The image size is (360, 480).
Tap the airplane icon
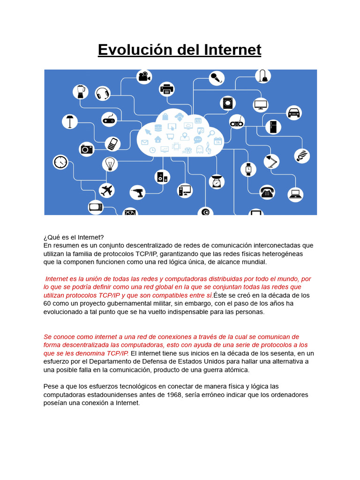coord(107,190)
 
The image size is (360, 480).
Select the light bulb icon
coord(110,164)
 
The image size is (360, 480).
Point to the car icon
coord(293,113)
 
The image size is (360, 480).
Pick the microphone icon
coord(216,78)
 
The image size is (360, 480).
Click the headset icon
coord(103,93)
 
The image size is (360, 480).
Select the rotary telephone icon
coord(267,191)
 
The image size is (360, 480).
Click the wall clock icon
coord(60,162)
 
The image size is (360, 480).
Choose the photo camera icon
coord(87,149)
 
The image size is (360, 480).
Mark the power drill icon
coord(137,192)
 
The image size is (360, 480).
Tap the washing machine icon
coord(228,103)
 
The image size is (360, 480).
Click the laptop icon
coord(295,194)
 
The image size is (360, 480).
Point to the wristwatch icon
coord(248,169)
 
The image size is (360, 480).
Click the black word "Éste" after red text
coord(222,295)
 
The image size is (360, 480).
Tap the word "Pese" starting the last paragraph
coord(52,386)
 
